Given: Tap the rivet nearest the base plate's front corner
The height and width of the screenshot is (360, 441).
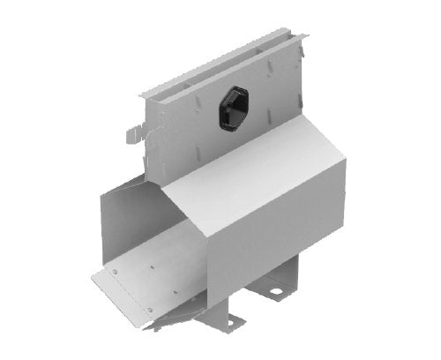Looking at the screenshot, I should click(x=150, y=309).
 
